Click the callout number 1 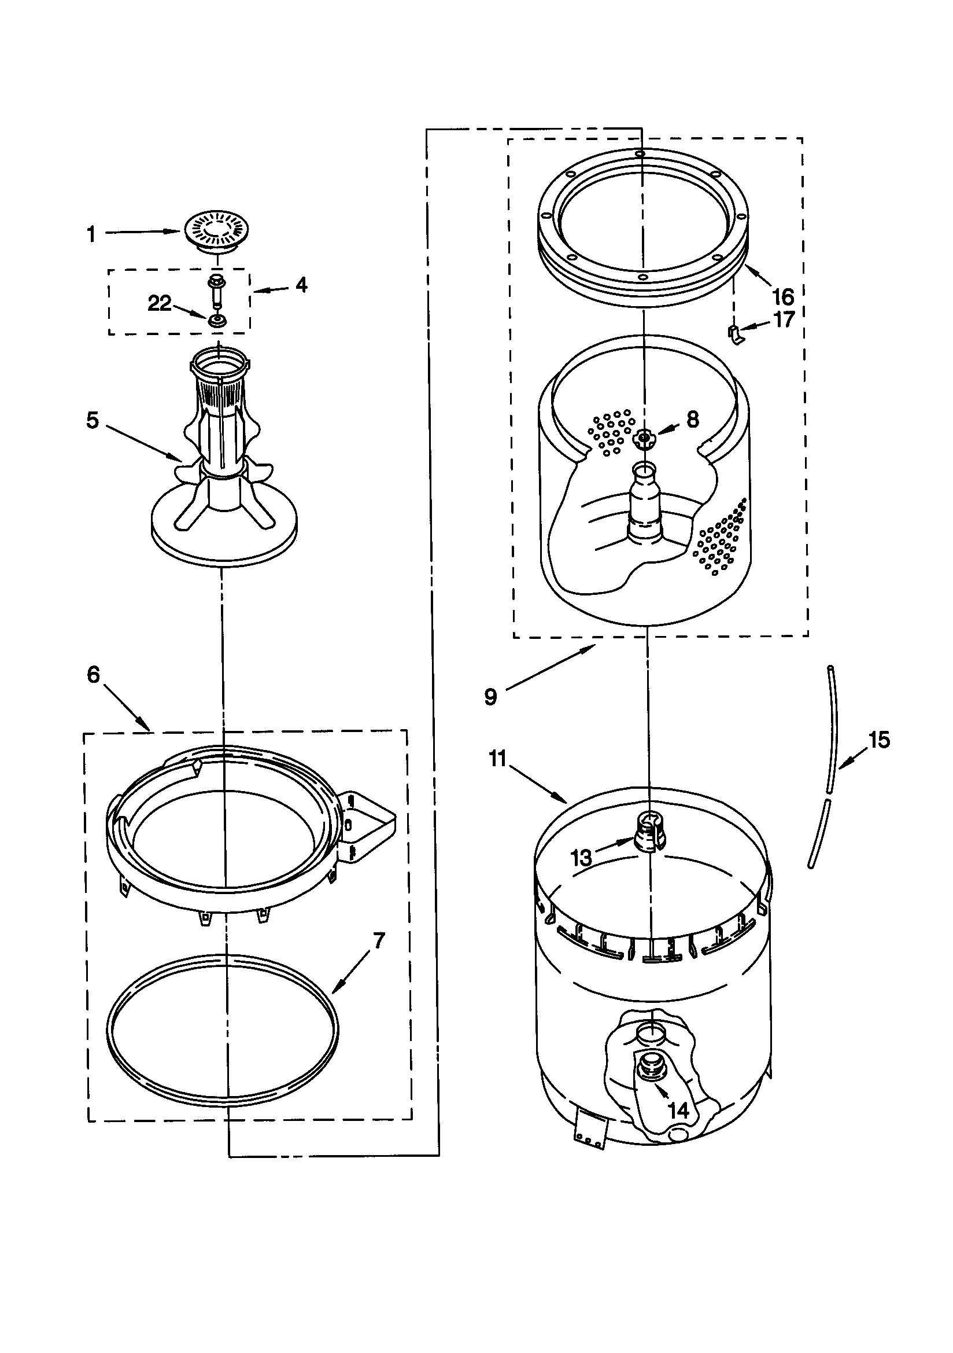pyautogui.click(x=91, y=234)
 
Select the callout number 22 pyautogui.click(x=159, y=303)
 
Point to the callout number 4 pyautogui.click(x=301, y=285)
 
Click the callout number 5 pyautogui.click(x=93, y=421)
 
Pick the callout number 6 pyautogui.click(x=94, y=675)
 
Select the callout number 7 pyautogui.click(x=378, y=941)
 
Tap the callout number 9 pyautogui.click(x=490, y=697)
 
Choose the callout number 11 pyautogui.click(x=498, y=759)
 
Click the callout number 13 pyautogui.click(x=581, y=858)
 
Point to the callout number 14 pyautogui.click(x=678, y=1111)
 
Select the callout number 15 pyautogui.click(x=880, y=740)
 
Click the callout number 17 pyautogui.click(x=784, y=320)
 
